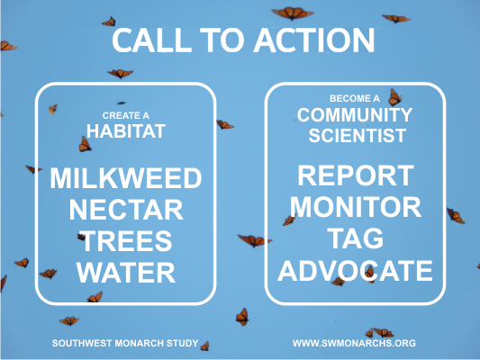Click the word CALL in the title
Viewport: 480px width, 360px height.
pyautogui.click(x=152, y=40)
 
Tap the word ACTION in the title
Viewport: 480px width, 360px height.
pyautogui.click(x=315, y=40)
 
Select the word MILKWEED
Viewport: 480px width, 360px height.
pyautogui.click(x=126, y=178)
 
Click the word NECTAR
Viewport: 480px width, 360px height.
pyautogui.click(x=126, y=210)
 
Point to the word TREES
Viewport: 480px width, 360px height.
pyautogui.click(x=126, y=241)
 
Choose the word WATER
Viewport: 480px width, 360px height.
pyautogui.click(x=126, y=273)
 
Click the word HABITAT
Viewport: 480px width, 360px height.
pyautogui.click(x=126, y=131)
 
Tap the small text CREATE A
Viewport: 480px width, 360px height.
pyautogui.click(x=126, y=115)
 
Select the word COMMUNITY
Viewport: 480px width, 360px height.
pyautogui.click(x=355, y=115)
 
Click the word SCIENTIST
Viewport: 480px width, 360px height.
pyautogui.click(x=358, y=136)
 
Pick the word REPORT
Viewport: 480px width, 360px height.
pyautogui.click(x=356, y=175)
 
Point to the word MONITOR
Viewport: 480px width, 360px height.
pyautogui.click(x=356, y=207)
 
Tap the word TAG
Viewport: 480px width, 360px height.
pyautogui.click(x=356, y=238)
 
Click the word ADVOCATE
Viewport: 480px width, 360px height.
pyautogui.click(x=355, y=271)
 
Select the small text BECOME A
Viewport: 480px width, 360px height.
pyautogui.click(x=355, y=98)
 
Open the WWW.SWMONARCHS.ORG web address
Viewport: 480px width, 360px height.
pyautogui.click(x=354, y=343)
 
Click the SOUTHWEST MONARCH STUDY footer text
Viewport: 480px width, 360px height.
pyautogui.click(x=125, y=343)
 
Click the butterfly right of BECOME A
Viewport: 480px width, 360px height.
pyautogui.click(x=395, y=97)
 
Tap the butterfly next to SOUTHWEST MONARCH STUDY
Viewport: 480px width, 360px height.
pyautogui.click(x=204, y=346)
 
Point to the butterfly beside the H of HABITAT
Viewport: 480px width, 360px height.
pyautogui.click(x=85, y=144)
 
